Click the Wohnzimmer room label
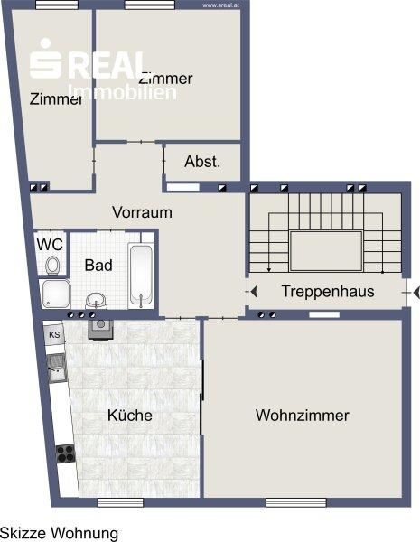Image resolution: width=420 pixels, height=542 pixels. (302, 416)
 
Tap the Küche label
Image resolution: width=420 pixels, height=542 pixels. (130, 416)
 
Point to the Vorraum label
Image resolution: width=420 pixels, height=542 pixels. (142, 213)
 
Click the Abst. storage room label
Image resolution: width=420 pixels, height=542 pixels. (201, 162)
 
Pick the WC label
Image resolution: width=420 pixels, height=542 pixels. (49, 244)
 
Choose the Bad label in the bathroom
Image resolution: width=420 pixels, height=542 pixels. (98, 266)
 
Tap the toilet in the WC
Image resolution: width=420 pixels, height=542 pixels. (52, 265)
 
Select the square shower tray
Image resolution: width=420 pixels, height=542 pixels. (55, 294)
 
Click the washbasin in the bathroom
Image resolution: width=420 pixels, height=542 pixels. (97, 299)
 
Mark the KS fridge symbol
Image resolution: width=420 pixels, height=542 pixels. (54, 335)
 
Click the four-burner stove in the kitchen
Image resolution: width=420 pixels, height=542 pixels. (65, 453)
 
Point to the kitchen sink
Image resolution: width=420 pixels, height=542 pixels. (57, 368)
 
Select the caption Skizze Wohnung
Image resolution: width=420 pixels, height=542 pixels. (59, 533)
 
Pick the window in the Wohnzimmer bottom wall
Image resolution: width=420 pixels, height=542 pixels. (289, 500)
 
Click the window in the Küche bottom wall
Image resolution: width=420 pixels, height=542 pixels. (121, 500)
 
